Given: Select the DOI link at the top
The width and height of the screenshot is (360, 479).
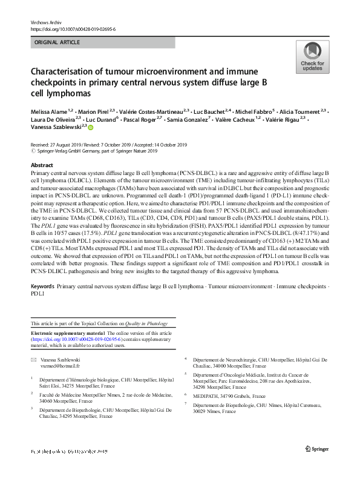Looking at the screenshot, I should coord(73,28).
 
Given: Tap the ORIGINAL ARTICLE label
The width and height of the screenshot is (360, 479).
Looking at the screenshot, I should coord(59,42).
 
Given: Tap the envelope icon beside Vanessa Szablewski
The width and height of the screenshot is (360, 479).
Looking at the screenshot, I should coord(33,360).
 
